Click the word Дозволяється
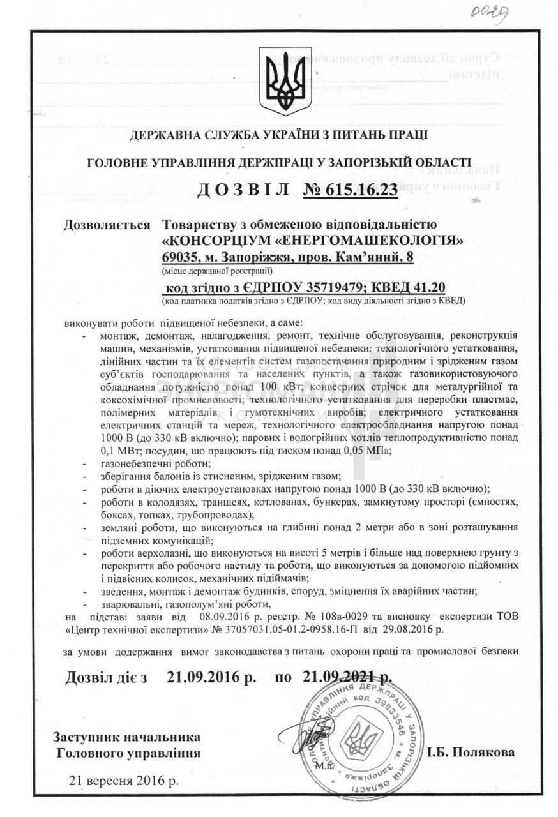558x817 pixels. [x=107, y=225]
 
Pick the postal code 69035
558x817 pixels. [x=181, y=257]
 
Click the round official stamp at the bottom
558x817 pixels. [x=363, y=740]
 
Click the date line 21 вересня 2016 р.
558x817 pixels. [x=124, y=780]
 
